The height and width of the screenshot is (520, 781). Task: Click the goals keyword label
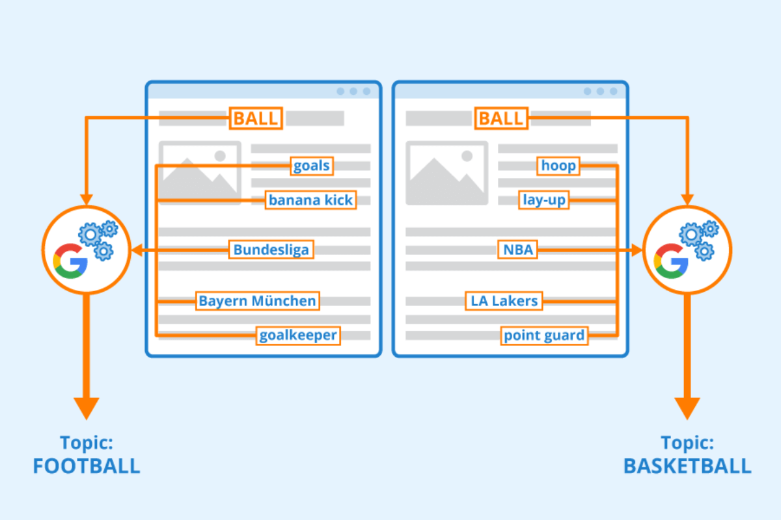point(312,166)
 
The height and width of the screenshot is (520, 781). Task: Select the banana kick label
point(311,200)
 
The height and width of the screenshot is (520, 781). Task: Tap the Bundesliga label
point(271,250)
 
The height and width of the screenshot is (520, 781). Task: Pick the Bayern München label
point(258,301)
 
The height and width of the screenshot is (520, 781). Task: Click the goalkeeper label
point(298,335)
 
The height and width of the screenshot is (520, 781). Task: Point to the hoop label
point(558,166)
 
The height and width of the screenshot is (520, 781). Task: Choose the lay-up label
point(544,200)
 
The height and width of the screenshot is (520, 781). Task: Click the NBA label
point(519,250)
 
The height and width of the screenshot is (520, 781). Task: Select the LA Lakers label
point(504,301)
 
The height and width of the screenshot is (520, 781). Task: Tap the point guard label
point(544,335)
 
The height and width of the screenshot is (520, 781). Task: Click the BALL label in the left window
point(256,118)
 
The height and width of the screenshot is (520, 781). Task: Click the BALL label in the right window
point(501,118)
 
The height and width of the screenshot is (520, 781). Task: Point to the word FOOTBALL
point(87,466)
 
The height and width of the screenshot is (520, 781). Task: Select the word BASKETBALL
point(687,466)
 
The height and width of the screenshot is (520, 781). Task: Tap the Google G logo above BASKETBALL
point(671,259)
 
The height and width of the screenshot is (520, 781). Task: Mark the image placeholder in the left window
point(200,173)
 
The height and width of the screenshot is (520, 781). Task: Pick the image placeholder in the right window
point(446,173)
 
